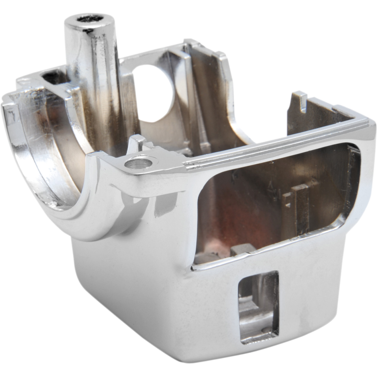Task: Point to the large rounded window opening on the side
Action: point(275,203)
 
